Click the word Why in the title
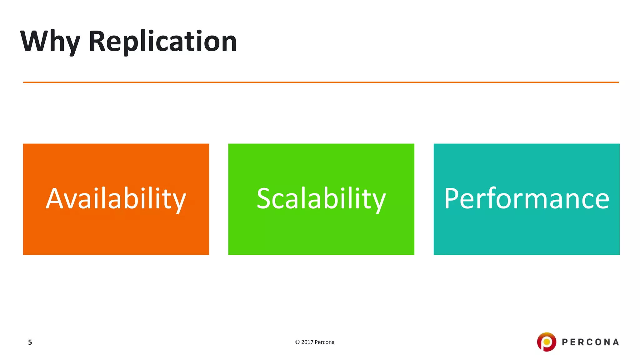(50, 41)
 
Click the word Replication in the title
(162, 41)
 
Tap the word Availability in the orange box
(116, 199)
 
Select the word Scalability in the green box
(321, 199)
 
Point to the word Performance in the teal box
(527, 199)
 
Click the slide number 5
(30, 342)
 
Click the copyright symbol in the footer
(297, 342)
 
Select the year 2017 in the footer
(307, 342)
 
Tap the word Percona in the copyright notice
(324, 342)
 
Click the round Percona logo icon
(547, 342)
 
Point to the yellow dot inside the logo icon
(547, 342)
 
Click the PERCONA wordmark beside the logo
(590, 342)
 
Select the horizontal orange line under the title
(321, 82)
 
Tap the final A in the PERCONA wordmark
(616, 342)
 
